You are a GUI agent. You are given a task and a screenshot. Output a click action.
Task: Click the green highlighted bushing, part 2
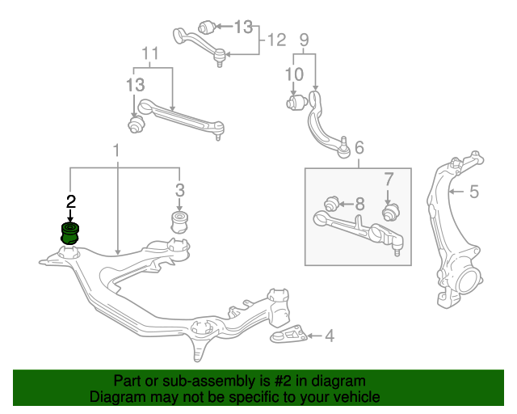(x=70, y=234)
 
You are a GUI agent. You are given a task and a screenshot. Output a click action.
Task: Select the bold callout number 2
(x=71, y=201)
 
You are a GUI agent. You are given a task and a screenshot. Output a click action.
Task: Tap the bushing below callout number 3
(x=179, y=222)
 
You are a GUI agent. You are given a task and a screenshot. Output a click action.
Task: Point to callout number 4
(x=330, y=336)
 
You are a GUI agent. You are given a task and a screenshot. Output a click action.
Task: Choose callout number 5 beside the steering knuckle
(x=474, y=192)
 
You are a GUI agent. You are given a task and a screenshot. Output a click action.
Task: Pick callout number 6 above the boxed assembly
(x=359, y=147)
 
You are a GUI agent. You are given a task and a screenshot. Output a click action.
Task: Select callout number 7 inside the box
(x=389, y=180)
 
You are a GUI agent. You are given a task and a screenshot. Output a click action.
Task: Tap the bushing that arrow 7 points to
(x=391, y=212)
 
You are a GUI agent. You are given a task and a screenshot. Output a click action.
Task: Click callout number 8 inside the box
(x=359, y=204)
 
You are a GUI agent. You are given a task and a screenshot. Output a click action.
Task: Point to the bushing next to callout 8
(x=332, y=204)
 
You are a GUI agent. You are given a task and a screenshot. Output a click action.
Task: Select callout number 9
(x=304, y=40)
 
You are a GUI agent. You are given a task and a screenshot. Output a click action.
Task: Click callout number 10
(x=294, y=74)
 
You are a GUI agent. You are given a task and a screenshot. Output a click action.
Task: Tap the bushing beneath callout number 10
(x=296, y=102)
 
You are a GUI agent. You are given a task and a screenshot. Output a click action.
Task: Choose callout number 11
(x=150, y=53)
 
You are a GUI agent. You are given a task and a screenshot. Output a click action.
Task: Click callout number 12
(x=276, y=40)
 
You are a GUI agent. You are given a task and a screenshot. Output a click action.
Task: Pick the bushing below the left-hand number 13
(x=137, y=125)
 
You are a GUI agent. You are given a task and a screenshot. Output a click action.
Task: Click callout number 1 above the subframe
(x=116, y=150)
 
